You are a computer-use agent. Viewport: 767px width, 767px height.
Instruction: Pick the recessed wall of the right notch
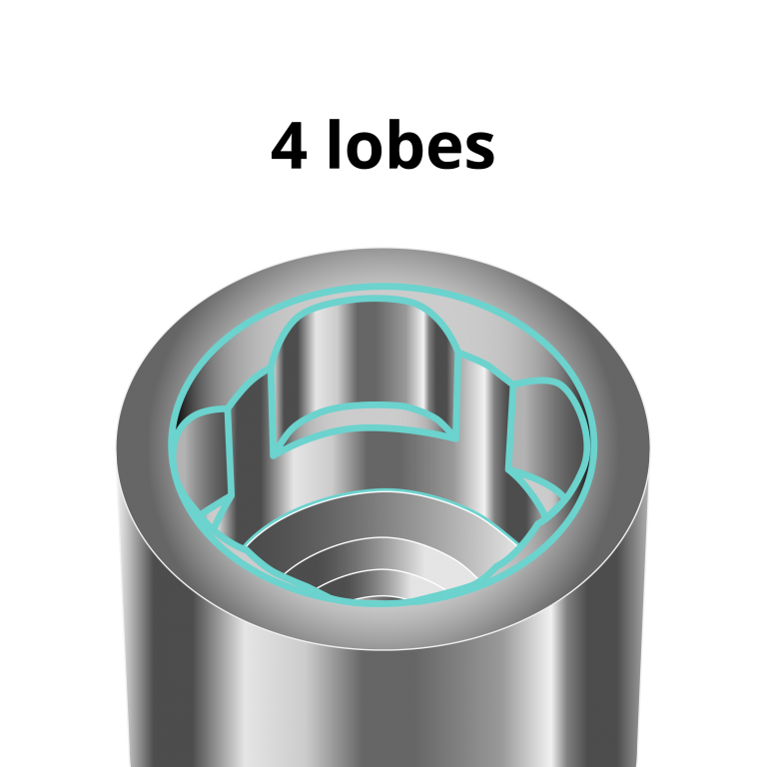pyautogui.click(x=544, y=429)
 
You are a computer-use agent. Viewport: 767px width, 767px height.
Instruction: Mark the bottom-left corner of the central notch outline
pyautogui.click(x=275, y=454)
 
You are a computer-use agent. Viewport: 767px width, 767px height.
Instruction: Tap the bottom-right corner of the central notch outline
pyautogui.click(x=455, y=437)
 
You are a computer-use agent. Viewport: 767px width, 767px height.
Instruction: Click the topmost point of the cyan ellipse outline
pyautogui.click(x=383, y=287)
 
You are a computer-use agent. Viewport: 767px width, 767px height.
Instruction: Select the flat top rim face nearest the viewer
pyautogui.click(x=383, y=625)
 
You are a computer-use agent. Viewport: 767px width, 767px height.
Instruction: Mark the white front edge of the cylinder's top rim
pyautogui.click(x=383, y=649)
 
